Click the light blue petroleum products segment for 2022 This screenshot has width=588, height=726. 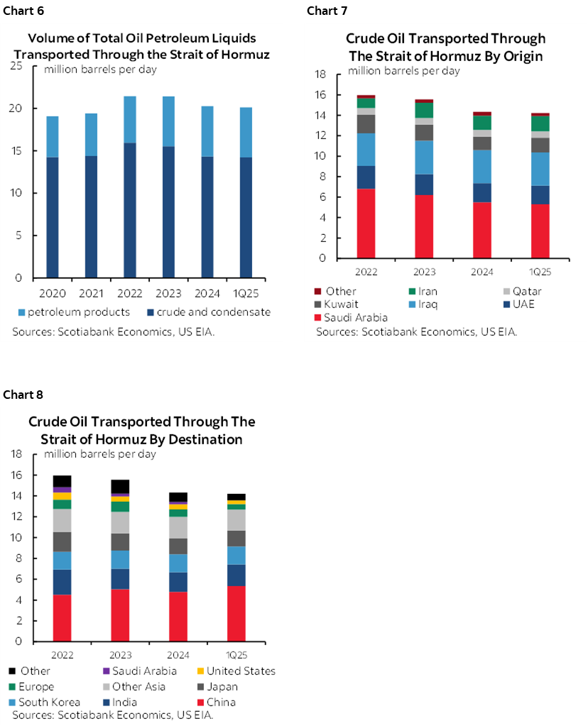(129, 119)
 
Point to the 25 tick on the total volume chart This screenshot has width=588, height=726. (16, 66)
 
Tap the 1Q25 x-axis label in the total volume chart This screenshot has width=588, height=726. (244, 292)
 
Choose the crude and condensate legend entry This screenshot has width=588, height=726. (214, 312)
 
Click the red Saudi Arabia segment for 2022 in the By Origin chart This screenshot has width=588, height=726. (366, 223)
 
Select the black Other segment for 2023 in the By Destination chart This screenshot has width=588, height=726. (120, 486)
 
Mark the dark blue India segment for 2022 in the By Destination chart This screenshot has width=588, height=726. (62, 582)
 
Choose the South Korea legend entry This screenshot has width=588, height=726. (44, 703)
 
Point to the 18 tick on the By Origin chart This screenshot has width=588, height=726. (320, 74)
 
